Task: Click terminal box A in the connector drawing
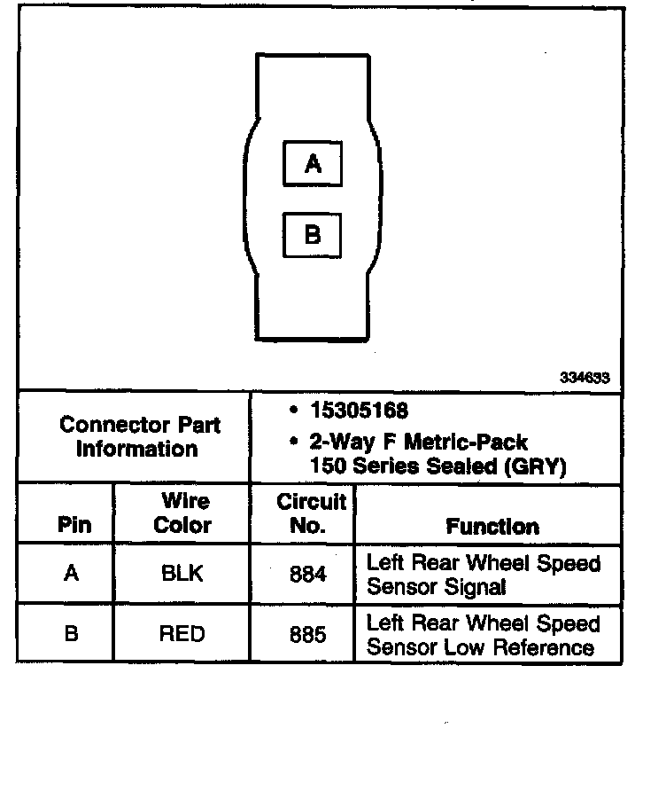312,164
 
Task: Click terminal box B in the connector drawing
312,235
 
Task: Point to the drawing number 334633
584,377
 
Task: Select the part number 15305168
359,411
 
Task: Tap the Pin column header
74,524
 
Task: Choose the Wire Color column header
183,513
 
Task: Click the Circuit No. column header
310,513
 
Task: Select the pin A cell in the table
71,574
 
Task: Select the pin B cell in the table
71,634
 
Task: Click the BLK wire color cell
182,574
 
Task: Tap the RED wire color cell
182,634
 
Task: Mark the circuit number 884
308,575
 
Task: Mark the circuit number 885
308,635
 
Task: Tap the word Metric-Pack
469,442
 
